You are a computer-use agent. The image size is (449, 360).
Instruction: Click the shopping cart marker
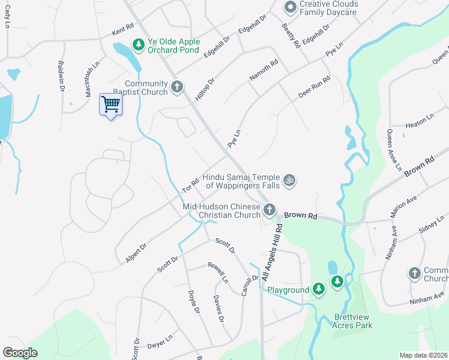click(x=110, y=104)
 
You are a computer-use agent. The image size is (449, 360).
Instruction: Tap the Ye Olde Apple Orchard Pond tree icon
click(x=139, y=44)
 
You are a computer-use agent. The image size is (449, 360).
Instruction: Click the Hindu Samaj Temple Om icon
click(x=289, y=181)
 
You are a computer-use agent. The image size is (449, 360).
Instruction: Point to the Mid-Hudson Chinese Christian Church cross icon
click(x=270, y=210)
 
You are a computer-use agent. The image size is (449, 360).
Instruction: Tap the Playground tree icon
click(x=318, y=290)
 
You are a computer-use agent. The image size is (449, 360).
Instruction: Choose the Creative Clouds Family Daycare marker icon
click(x=290, y=7)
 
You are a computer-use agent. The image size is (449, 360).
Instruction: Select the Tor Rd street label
click(x=190, y=185)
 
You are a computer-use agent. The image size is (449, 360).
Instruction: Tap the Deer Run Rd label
click(x=314, y=88)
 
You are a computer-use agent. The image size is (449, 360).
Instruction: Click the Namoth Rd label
click(x=264, y=70)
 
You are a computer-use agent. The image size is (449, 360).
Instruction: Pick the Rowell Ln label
click(x=218, y=272)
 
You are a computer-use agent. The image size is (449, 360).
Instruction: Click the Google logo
click(x=20, y=353)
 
